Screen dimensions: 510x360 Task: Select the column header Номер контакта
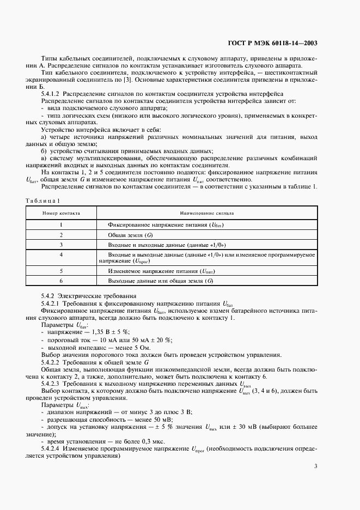(62, 213)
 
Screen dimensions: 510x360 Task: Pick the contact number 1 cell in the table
(62, 224)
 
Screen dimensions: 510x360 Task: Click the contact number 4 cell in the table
(62, 254)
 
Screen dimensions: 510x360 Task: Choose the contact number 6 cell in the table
(62, 280)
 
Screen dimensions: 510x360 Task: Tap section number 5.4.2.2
(54, 362)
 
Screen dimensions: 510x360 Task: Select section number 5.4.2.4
(54, 448)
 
